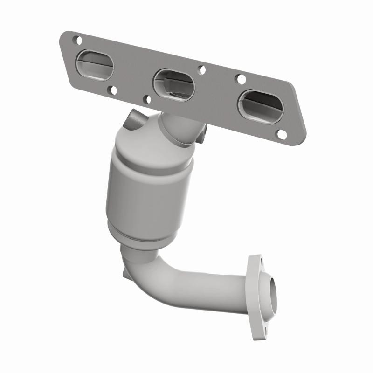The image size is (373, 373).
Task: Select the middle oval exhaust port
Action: pyautogui.click(x=173, y=84)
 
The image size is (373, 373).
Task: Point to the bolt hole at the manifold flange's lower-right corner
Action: pyautogui.click(x=282, y=134)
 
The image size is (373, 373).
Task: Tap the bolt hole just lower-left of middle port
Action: pyautogui.click(x=148, y=99)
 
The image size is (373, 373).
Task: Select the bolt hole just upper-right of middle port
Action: pyautogui.click(x=202, y=70)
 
